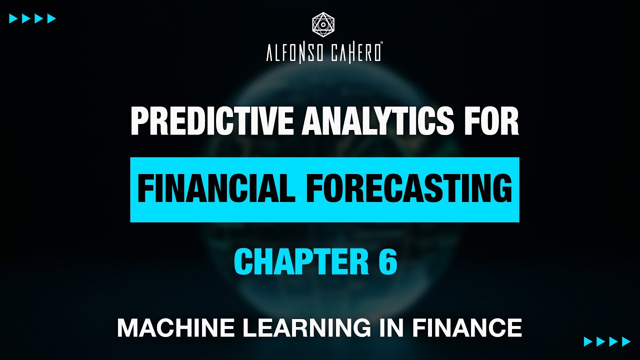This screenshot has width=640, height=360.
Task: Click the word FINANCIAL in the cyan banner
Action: coord(216,189)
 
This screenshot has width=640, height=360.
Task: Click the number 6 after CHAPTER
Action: coord(388,262)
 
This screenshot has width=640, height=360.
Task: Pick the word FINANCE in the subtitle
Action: coord(467,328)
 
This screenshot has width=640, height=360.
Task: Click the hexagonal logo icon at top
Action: coord(323,24)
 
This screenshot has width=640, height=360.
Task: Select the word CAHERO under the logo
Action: coord(352,53)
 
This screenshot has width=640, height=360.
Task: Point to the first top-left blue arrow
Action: coord(13,19)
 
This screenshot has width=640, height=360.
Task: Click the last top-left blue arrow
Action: coord(51,19)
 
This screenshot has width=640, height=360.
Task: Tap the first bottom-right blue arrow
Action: coord(588,341)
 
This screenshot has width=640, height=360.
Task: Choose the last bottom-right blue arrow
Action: coord(626,341)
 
